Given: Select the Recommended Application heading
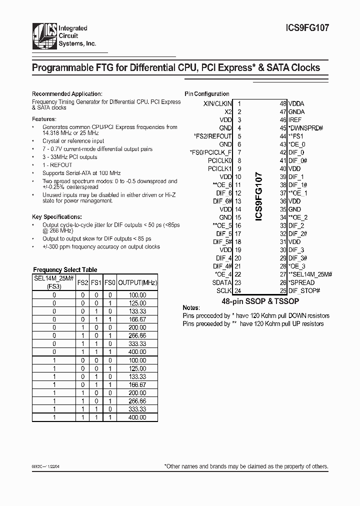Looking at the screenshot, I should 67,94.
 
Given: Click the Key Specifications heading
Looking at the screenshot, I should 56,217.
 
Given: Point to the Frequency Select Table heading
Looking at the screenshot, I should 65,269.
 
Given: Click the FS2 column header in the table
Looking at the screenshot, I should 82,283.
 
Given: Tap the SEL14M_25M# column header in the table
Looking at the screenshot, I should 53,279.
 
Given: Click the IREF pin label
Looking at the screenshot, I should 295,120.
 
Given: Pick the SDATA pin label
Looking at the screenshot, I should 222,282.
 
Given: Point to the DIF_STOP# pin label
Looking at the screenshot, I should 303,290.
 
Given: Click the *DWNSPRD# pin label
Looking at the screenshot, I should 305,128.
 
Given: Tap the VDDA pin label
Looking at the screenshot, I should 296,104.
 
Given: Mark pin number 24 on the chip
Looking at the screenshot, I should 239,290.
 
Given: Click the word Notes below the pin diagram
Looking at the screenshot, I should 191,308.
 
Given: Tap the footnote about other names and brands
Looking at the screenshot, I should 246,466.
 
